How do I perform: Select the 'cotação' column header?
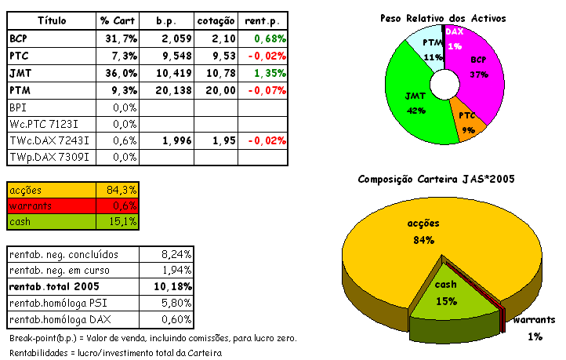pos(216,19)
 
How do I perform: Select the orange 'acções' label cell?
pos(51,190)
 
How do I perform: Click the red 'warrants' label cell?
pos(51,205)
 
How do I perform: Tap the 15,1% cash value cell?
pos(121,221)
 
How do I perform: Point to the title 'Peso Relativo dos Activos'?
pos(443,17)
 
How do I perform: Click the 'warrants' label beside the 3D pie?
pos(534,320)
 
